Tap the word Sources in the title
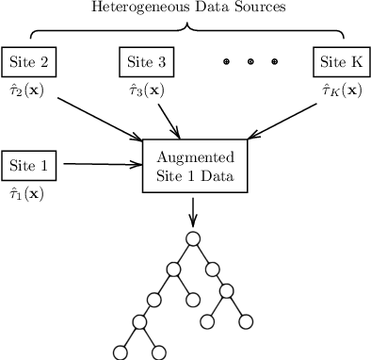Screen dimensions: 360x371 click(x=260, y=8)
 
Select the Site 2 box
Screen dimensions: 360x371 click(x=30, y=62)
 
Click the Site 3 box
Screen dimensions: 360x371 click(x=147, y=62)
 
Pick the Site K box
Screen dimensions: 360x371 click(x=341, y=62)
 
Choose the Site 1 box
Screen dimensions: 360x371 click(x=30, y=164)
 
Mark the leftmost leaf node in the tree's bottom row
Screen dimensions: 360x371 click(x=120, y=352)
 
